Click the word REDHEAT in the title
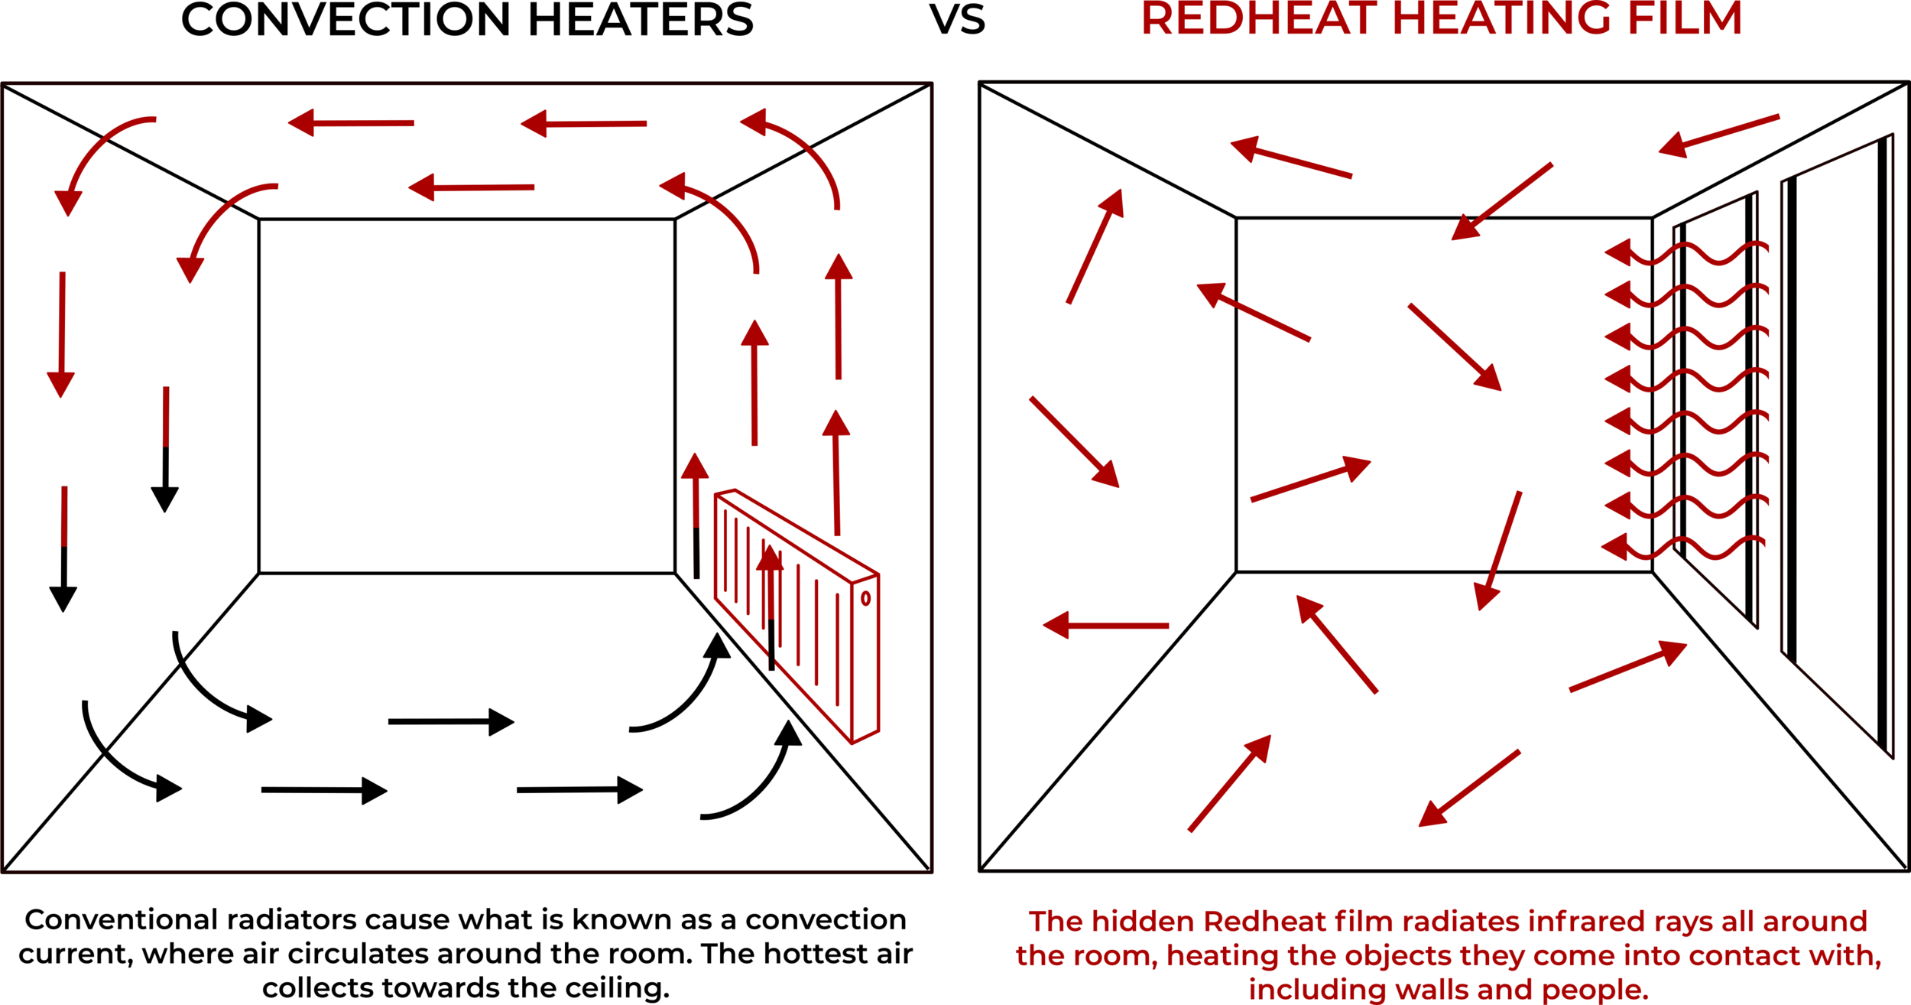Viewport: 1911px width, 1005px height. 1258,18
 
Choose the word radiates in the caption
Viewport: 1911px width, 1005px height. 1460,922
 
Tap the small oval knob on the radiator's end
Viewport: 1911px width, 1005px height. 865,598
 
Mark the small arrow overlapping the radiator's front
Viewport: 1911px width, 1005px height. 770,589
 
